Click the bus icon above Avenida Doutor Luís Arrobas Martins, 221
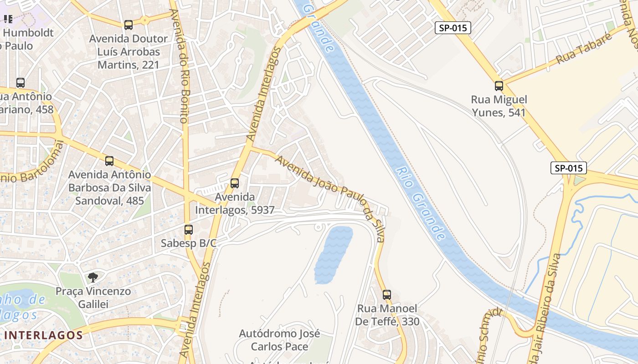point(129,25)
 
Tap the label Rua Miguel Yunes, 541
point(499,106)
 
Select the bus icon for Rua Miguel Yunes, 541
point(499,86)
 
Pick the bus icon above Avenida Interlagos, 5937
point(235,183)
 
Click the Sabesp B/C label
point(188,243)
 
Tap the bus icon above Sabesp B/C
point(189,230)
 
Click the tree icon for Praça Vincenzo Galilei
point(93,277)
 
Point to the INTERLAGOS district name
point(44,335)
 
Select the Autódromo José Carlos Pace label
point(280,340)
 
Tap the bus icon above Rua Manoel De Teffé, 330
point(387,294)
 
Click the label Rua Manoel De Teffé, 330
point(387,315)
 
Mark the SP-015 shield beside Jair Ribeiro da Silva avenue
point(568,168)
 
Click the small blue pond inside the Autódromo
point(333,254)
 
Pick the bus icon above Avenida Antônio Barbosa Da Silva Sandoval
point(109,161)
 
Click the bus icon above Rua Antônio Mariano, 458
point(21,82)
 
